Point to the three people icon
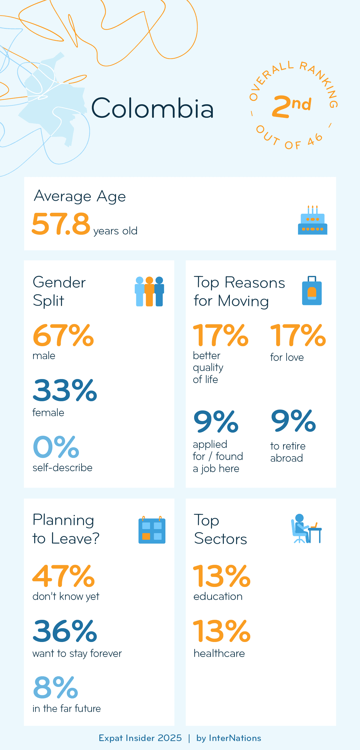[149, 291]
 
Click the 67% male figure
[63, 336]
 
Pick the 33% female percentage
[65, 390]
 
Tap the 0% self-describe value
[56, 447]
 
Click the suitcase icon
[312, 291]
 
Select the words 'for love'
[287, 357]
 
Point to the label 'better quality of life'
[208, 368]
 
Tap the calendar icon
[152, 530]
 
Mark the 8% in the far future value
[56, 687]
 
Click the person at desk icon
[306, 529]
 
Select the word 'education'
[218, 596]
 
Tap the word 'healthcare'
[219, 653]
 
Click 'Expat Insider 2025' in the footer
[140, 738]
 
